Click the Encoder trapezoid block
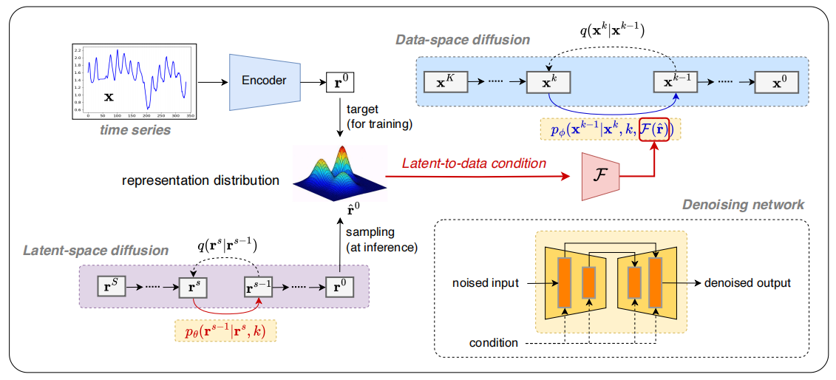(264, 81)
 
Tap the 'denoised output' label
(747, 283)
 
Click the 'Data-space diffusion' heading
(463, 40)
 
